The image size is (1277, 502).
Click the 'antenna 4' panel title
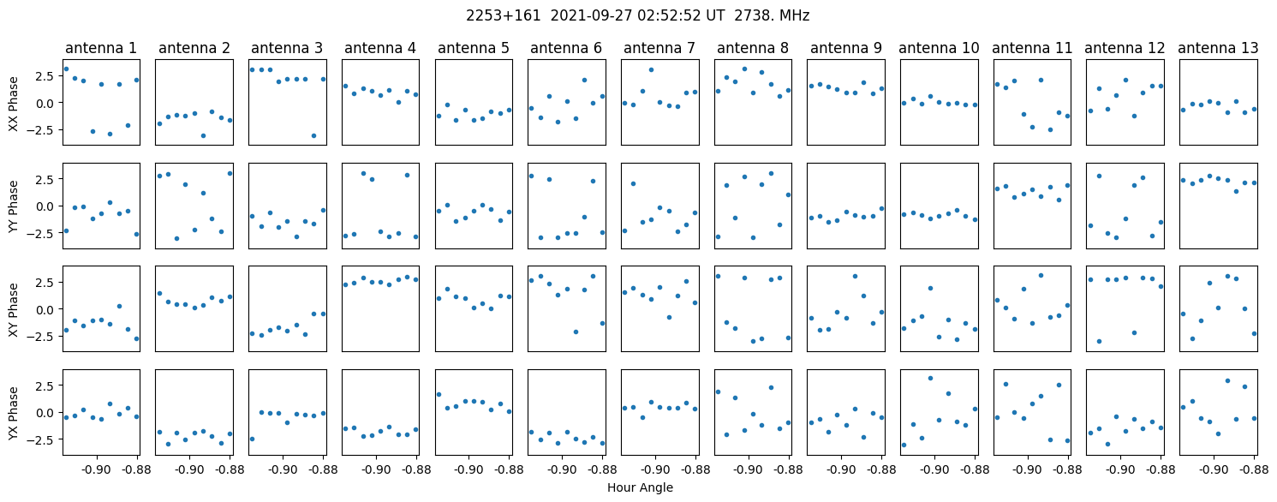tap(380, 48)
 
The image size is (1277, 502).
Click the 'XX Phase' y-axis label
tap(13, 103)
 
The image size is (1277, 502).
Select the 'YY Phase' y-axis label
tap(13, 206)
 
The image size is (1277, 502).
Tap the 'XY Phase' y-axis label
tap(13, 309)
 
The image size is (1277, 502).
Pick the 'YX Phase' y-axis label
tap(13, 412)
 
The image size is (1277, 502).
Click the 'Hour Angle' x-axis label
tap(640, 487)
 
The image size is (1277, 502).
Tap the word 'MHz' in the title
tap(792, 15)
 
